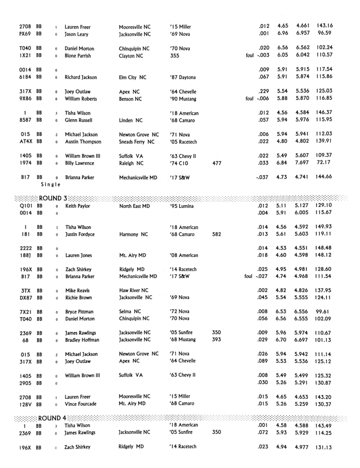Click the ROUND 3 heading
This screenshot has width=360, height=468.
(53, 198)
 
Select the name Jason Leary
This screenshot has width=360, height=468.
(77, 34)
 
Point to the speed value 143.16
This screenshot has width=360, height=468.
(324, 27)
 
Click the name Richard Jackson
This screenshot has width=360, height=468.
(82, 77)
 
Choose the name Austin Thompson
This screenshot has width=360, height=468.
(83, 142)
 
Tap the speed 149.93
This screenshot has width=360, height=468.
(324, 227)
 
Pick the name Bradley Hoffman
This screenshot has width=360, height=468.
(82, 340)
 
